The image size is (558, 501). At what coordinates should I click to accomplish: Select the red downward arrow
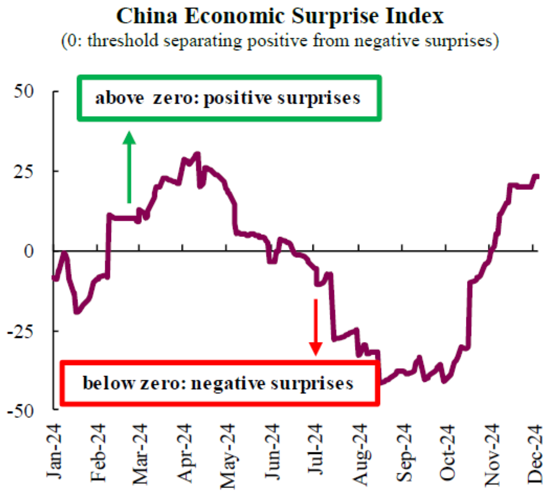[x=316, y=327]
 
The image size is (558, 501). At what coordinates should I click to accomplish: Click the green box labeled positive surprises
[x=229, y=98]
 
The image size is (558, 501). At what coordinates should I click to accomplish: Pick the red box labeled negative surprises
[x=220, y=383]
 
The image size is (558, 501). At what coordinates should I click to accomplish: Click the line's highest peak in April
[x=196, y=153]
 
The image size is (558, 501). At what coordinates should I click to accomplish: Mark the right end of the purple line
[x=537, y=176]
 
